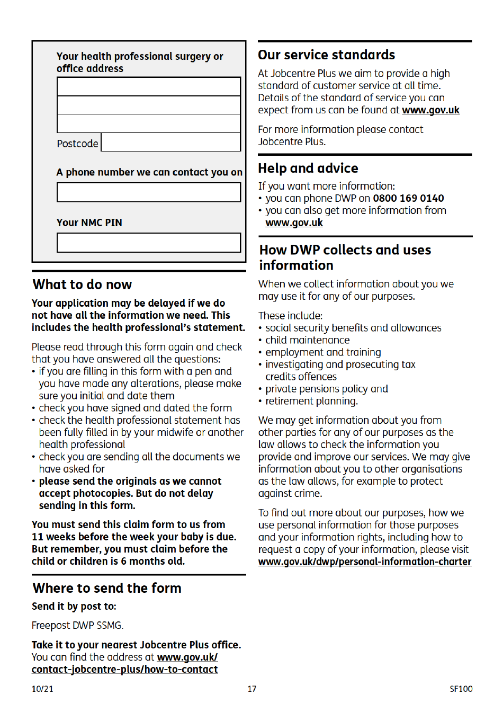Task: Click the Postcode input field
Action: [x=170, y=143]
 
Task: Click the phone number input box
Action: [x=149, y=192]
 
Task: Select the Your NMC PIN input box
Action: [x=149, y=243]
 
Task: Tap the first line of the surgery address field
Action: [x=149, y=86]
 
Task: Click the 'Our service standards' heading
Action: [x=326, y=55]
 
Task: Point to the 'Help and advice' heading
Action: [x=308, y=168]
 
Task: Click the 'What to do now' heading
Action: [x=82, y=285]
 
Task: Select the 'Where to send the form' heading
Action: [x=107, y=589]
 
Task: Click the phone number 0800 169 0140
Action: [x=408, y=199]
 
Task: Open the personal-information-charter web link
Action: [x=364, y=562]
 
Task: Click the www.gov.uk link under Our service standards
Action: [x=430, y=110]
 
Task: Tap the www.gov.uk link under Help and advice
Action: [x=294, y=223]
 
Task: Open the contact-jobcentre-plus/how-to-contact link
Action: [x=124, y=670]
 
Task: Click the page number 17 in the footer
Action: [x=252, y=689]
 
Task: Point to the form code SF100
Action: [x=461, y=689]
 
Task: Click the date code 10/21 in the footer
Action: [x=42, y=689]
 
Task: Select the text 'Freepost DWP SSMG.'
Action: [x=77, y=626]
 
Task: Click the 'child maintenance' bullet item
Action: [x=307, y=340]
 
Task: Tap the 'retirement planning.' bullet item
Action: [x=311, y=401]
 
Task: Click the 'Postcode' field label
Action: [x=77, y=144]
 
